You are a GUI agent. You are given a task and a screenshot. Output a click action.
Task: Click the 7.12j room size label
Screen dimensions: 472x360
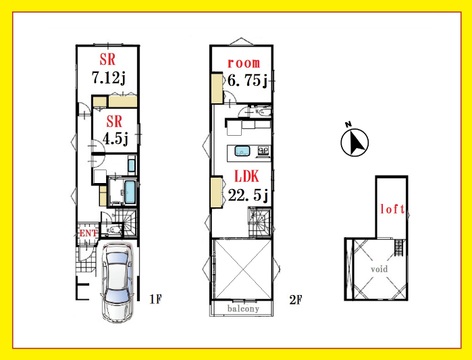[109, 78]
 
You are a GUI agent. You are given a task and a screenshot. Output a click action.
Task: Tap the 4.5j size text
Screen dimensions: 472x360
[115, 139]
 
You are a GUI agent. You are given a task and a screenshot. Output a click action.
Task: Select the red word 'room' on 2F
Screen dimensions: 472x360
[244, 63]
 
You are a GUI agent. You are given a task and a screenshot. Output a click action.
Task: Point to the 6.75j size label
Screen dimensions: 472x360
[248, 80]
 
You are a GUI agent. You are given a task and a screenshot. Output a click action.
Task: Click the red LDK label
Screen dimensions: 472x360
[247, 176]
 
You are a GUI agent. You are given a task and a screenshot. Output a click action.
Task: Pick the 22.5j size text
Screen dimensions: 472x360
[248, 195]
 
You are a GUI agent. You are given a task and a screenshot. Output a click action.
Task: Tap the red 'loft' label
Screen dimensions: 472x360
[392, 209]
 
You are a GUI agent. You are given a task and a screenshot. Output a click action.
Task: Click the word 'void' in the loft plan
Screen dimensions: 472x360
[379, 269]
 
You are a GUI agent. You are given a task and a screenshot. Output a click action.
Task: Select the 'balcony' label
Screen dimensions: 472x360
[243, 309]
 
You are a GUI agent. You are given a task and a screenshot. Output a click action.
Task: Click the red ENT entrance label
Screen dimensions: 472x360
[88, 233]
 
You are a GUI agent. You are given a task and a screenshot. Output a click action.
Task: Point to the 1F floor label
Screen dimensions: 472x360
[155, 300]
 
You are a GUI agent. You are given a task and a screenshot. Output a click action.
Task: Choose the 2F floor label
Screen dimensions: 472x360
[295, 300]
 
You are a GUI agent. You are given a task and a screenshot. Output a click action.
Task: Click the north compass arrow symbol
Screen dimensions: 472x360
[355, 142]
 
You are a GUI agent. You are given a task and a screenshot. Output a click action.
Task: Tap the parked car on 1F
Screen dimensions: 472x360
[118, 283]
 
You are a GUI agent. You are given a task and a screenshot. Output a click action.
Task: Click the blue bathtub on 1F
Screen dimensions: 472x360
[130, 192]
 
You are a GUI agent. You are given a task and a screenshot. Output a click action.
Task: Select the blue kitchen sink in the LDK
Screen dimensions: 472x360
[243, 152]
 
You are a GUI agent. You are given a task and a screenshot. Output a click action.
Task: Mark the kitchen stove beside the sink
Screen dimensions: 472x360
[263, 152]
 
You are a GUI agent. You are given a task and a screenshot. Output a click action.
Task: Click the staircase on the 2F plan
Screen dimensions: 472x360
[260, 222]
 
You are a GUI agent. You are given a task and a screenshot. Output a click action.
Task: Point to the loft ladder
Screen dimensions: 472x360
[399, 247]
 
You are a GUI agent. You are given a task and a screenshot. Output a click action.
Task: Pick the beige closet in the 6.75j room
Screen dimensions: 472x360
[217, 88]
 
